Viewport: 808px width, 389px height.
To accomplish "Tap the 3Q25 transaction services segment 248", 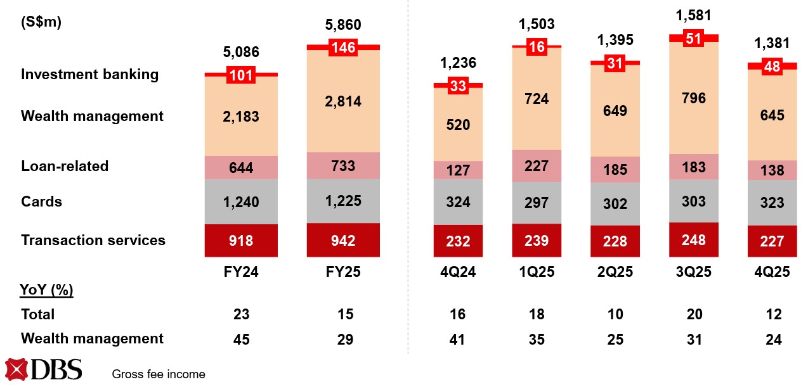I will click(x=694, y=239).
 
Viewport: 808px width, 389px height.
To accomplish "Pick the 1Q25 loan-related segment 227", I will click(x=537, y=167).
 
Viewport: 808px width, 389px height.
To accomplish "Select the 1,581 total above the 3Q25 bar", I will click(x=694, y=15).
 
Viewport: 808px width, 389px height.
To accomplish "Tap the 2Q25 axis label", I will click(x=615, y=272).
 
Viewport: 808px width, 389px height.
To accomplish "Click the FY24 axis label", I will click(x=241, y=272).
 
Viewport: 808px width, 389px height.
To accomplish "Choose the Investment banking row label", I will click(x=89, y=74).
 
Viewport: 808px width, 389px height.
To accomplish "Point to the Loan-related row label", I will click(x=65, y=166).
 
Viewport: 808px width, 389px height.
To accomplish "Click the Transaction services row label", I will click(x=93, y=240).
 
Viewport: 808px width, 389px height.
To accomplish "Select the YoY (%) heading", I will click(x=47, y=290).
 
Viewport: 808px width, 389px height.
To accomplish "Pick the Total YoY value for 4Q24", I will click(x=457, y=314).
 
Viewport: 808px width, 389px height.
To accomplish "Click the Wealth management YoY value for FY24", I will click(x=241, y=339).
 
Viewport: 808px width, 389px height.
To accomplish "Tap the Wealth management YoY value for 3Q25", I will click(x=694, y=339).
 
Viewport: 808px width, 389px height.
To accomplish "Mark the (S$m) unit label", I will click(x=41, y=22).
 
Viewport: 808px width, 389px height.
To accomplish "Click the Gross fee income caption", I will click(x=159, y=374).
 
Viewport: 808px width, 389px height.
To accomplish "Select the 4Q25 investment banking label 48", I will click(x=773, y=66).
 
